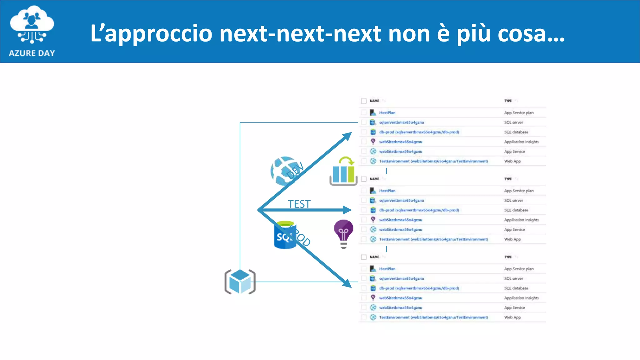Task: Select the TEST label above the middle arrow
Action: click(x=299, y=204)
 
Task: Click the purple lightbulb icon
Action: click(x=343, y=233)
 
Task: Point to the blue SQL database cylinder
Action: click(x=284, y=235)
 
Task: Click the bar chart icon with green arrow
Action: click(x=343, y=172)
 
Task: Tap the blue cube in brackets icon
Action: click(x=240, y=282)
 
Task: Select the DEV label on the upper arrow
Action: click(x=295, y=170)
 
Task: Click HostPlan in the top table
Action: click(x=387, y=112)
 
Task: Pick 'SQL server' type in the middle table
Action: click(x=513, y=200)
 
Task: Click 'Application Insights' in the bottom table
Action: click(x=521, y=298)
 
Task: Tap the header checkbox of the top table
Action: click(x=364, y=101)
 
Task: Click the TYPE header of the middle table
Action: click(x=508, y=179)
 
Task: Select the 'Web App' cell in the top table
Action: click(x=512, y=161)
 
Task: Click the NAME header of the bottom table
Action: click(x=374, y=257)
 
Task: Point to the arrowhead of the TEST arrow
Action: click(x=347, y=210)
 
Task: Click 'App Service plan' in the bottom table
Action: click(x=519, y=269)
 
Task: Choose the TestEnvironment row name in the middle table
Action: click(x=433, y=239)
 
